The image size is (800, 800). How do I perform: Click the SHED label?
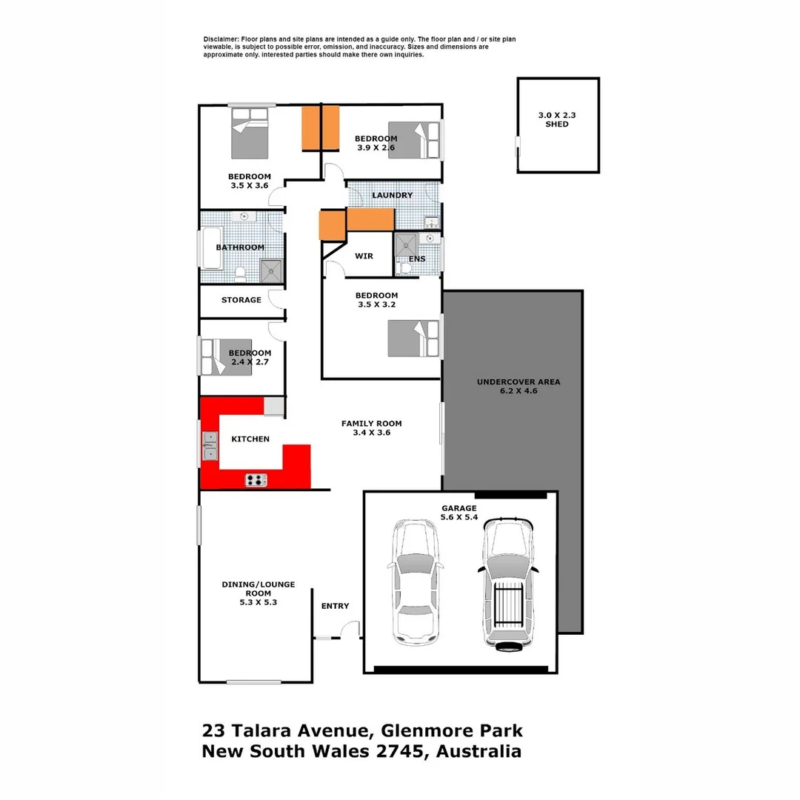click(557, 124)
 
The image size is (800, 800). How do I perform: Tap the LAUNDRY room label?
click(392, 196)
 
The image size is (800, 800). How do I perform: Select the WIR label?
click(364, 256)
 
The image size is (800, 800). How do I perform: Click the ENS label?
click(418, 259)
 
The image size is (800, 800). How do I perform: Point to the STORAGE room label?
click(241, 300)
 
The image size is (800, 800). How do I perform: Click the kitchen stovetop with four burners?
click(256, 480)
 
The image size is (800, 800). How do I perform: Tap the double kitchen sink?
click(210, 446)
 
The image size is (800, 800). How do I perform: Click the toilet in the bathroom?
click(240, 275)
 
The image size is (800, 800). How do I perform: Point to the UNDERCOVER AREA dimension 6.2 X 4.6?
click(518, 390)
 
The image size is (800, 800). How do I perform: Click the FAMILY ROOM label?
click(371, 424)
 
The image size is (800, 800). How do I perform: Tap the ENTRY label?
click(335, 606)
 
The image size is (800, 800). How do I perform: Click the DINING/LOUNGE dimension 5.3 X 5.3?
click(258, 602)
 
